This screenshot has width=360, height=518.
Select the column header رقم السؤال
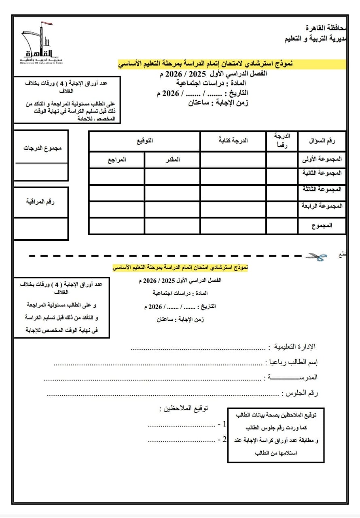(x=322, y=141)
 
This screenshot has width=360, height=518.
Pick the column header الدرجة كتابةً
(x=233, y=141)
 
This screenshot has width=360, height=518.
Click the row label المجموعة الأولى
(x=322, y=159)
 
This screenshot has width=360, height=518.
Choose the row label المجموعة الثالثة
(x=322, y=189)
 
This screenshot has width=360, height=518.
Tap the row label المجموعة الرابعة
(x=322, y=206)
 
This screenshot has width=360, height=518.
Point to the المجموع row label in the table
(x=322, y=226)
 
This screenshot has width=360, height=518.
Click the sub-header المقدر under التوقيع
(x=172, y=159)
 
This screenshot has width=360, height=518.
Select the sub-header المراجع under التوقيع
(x=116, y=159)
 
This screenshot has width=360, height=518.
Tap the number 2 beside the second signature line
(x=224, y=439)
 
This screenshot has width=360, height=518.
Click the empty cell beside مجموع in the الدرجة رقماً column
(x=282, y=226)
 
